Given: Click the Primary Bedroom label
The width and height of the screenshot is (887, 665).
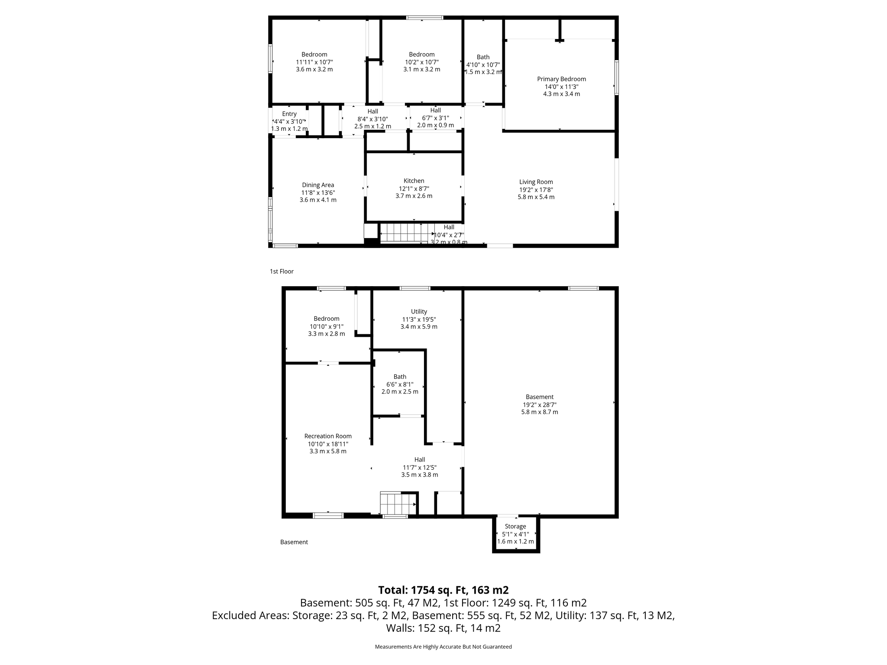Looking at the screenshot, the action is [x=561, y=79].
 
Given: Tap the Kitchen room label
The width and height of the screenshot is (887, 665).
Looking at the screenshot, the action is [x=414, y=181].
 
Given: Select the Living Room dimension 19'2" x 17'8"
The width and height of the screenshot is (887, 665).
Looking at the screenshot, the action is [x=536, y=190].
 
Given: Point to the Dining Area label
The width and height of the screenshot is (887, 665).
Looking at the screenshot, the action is [x=318, y=185].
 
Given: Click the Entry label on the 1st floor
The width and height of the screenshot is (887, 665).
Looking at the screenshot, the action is [x=289, y=114].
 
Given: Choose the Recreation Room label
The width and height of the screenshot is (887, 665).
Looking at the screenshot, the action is [x=328, y=436].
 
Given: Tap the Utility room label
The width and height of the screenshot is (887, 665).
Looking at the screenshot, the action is [x=419, y=312].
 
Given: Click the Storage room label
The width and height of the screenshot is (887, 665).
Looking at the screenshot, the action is [x=515, y=526].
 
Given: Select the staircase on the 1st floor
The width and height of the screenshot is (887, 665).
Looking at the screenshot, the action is [x=407, y=232].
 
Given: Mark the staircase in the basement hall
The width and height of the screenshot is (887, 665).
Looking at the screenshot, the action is [x=398, y=503].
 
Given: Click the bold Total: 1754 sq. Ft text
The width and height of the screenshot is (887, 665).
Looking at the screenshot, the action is [x=443, y=590].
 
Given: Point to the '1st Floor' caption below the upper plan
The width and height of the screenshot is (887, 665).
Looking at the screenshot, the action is [x=282, y=271].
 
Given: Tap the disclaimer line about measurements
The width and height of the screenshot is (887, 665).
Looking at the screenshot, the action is [x=443, y=647].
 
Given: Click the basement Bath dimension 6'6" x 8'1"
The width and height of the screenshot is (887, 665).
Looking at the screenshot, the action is [x=400, y=384].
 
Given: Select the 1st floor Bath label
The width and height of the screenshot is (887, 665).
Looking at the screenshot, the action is [x=483, y=57].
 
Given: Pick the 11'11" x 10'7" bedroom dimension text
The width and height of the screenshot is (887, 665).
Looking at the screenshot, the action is [x=314, y=62].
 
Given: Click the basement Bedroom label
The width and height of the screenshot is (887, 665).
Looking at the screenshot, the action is [x=327, y=319].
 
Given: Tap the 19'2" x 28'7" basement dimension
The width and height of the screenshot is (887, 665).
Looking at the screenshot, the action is [x=539, y=405].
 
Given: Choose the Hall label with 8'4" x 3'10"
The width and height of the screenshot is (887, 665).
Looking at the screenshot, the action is [x=372, y=112].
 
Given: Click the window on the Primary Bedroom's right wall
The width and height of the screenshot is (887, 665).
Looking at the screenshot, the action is [x=616, y=77].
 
